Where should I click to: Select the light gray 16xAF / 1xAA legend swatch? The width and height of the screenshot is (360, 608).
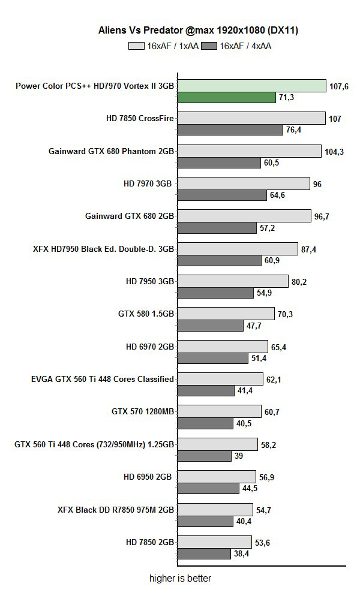point(136,45)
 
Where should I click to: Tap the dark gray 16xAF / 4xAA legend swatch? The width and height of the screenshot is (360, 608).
point(209,45)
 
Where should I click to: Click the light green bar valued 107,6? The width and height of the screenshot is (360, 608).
point(252,86)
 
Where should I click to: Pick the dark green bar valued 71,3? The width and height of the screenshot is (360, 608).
point(227,97)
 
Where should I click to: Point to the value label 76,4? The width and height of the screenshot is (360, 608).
point(293,130)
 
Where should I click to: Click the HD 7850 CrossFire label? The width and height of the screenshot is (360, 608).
point(140,118)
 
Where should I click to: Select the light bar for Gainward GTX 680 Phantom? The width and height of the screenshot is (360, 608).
point(250,151)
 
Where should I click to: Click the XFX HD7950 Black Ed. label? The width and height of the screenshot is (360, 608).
point(104,249)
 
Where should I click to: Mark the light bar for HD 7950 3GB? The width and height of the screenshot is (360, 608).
point(233,281)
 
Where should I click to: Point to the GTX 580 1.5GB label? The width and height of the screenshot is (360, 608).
point(146,314)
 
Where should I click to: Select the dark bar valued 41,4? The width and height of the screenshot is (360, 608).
point(206,390)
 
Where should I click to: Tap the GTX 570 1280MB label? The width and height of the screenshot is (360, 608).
point(143,411)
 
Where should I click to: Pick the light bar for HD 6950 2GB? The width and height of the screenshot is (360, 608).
point(217,477)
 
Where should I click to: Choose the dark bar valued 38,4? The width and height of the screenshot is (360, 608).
point(204,553)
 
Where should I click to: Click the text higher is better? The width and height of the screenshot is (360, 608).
point(180,579)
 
